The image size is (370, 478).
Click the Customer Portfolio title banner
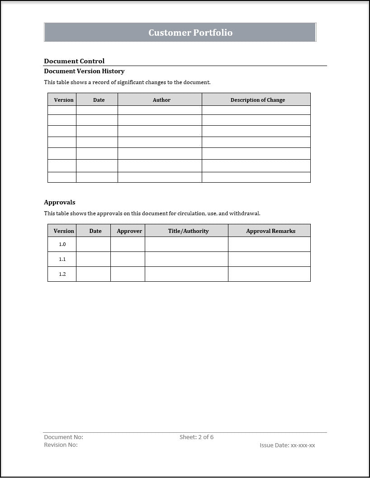pos(190,33)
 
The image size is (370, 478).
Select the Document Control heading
pos(74,61)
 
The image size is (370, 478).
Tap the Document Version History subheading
pos(84,71)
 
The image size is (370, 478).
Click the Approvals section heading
pos(60,202)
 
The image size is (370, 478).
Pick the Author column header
pos(161,100)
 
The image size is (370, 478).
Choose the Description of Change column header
pos(257,100)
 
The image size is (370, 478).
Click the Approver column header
pos(129,231)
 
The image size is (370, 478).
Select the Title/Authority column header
pos(188,231)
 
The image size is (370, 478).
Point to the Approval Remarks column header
pos(270,231)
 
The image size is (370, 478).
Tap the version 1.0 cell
pos(62,244)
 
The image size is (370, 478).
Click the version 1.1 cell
pos(62,259)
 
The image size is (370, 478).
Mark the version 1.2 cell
pos(62,274)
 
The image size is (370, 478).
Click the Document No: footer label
pos(63,437)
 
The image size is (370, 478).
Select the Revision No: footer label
pos(61,445)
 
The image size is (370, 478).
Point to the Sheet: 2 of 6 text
pos(196,437)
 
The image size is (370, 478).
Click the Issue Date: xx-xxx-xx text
pos(287,445)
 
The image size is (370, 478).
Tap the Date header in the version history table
pos(99,100)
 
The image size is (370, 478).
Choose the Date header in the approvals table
pos(95,231)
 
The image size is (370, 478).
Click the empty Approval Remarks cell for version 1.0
pos(269,244)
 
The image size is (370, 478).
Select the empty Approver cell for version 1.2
pos(128,274)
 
